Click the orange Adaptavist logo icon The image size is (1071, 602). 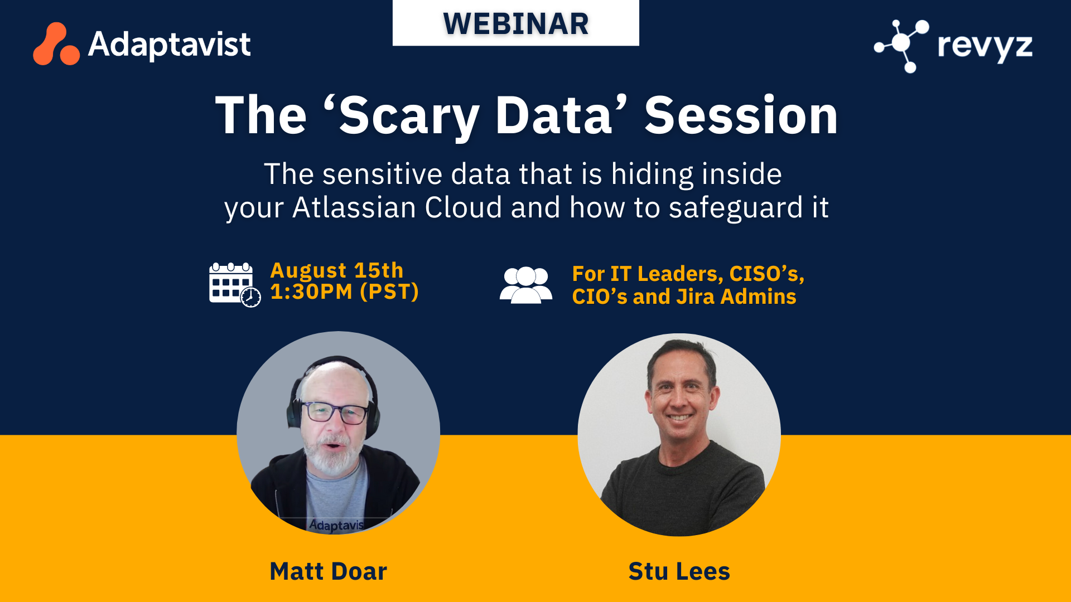[56, 44]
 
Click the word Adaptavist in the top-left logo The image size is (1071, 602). [170, 44]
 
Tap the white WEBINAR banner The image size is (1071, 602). [515, 23]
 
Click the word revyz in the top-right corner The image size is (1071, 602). [985, 46]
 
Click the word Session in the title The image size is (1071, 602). [741, 116]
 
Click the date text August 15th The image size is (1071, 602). [336, 270]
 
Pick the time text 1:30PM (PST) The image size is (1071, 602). [344, 292]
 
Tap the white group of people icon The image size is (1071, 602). [525, 285]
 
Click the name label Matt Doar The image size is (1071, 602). [328, 571]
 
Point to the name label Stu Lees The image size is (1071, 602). [679, 571]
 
